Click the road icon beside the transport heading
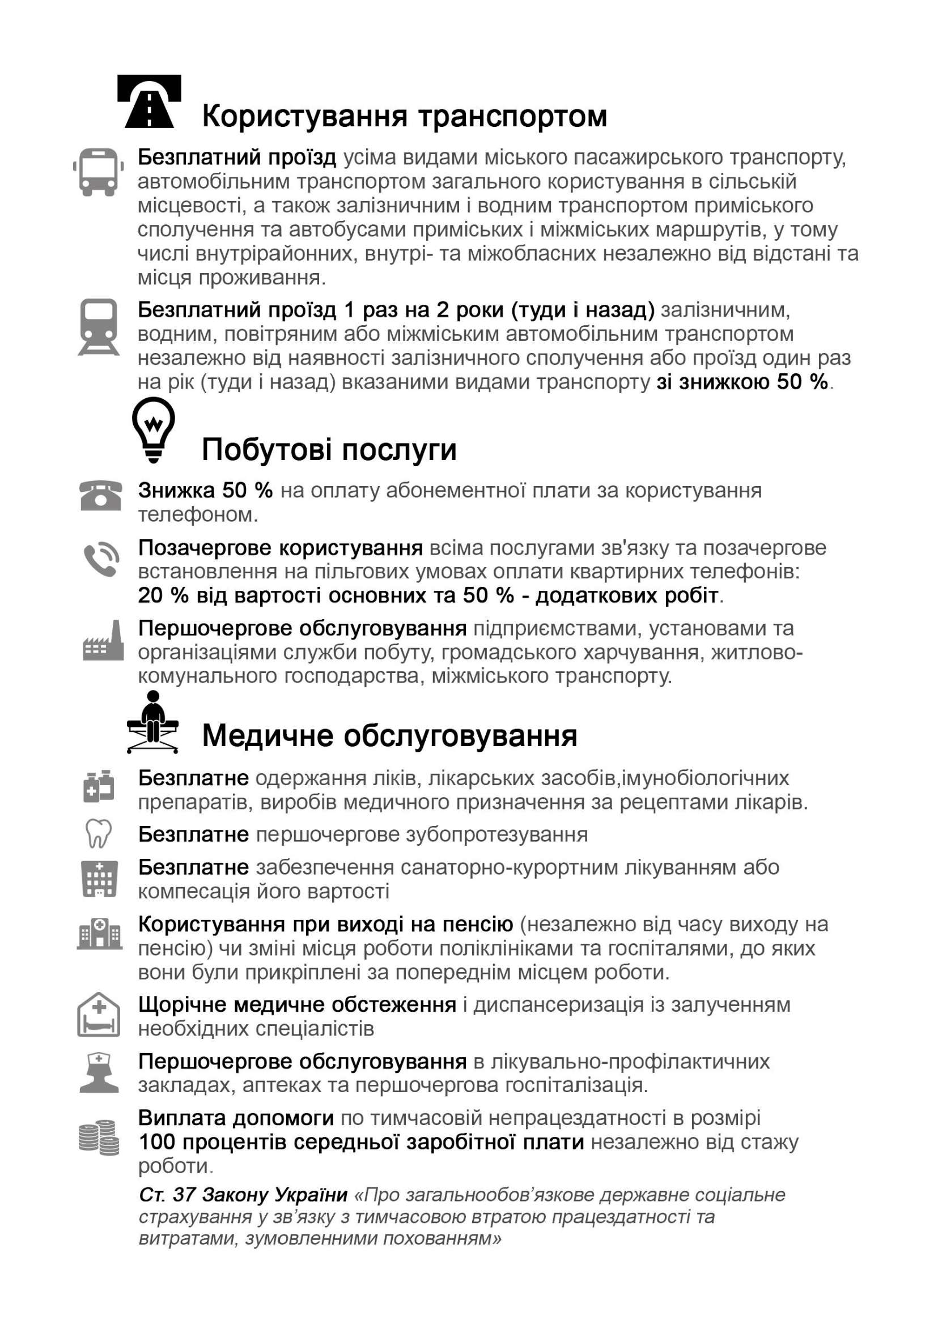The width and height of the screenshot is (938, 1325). click(x=149, y=101)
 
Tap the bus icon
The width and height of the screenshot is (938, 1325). click(x=98, y=172)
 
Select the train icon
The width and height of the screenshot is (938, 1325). click(x=98, y=327)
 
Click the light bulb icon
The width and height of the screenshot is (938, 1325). click(x=153, y=430)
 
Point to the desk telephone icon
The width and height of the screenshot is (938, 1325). click(x=100, y=495)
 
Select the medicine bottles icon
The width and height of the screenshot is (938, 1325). click(x=99, y=786)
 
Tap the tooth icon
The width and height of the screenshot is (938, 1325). click(x=97, y=834)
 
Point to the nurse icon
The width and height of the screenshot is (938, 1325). click(x=99, y=1073)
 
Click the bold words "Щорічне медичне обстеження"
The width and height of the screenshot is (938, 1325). click(x=297, y=1004)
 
